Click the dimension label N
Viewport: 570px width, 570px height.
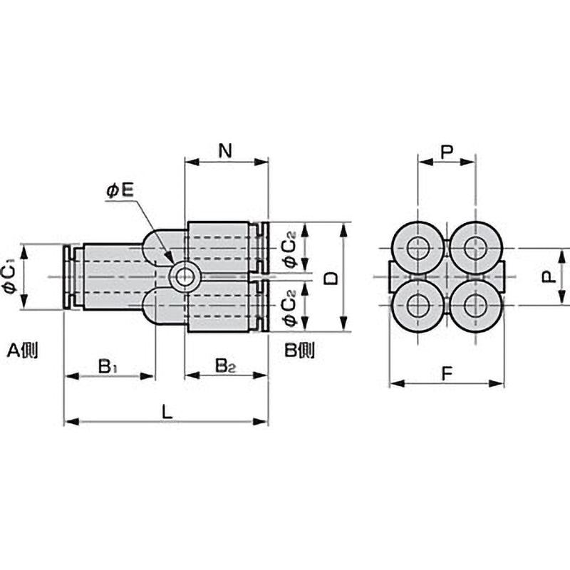(x=225, y=150)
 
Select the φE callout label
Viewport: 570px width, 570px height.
(x=120, y=190)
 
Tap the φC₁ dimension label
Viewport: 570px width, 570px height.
(x=9, y=276)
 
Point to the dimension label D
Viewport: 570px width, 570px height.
(x=331, y=278)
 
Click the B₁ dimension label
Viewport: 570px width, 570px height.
(x=108, y=366)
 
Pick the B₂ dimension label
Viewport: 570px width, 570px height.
(x=225, y=366)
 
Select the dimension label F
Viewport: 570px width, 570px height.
(x=447, y=373)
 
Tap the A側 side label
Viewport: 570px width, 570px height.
(x=23, y=351)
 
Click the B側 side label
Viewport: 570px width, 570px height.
(x=299, y=351)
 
